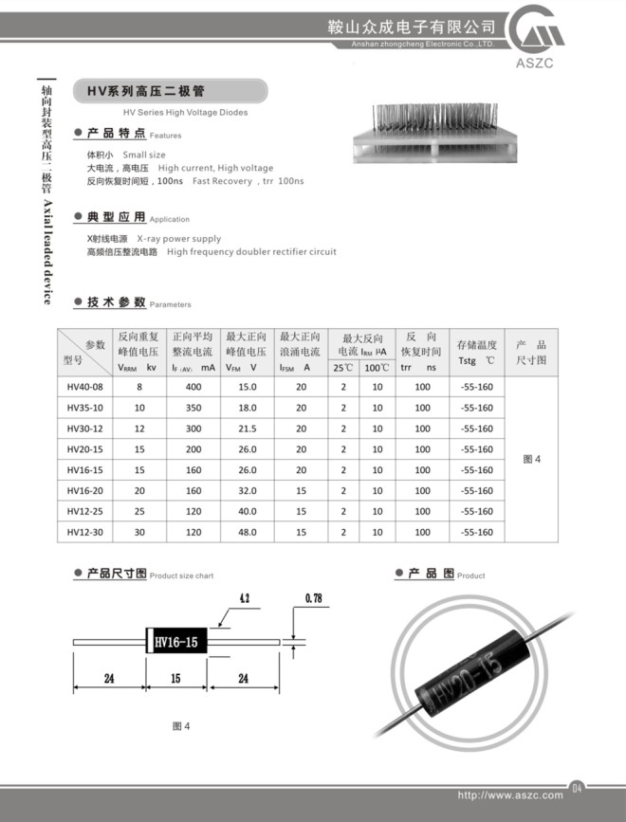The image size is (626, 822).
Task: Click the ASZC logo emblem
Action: pyautogui.click(x=539, y=36)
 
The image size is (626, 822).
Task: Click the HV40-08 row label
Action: pyautogui.click(x=84, y=387)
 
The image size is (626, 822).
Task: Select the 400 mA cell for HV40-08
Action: pyautogui.click(x=193, y=387)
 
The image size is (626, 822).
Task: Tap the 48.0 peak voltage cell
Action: pyautogui.click(x=248, y=533)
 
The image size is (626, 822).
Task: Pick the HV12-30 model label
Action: pyautogui.click(x=84, y=533)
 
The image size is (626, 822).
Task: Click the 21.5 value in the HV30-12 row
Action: pyautogui.click(x=248, y=429)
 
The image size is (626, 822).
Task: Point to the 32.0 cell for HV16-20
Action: pyautogui.click(x=248, y=491)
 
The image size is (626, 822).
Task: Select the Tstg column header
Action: pyautogui.click(x=476, y=353)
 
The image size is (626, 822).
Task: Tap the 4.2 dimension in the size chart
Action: pyautogui.click(x=244, y=599)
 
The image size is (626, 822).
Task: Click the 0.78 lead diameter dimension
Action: pyautogui.click(x=314, y=599)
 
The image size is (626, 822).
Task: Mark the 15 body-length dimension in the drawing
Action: pyautogui.click(x=175, y=679)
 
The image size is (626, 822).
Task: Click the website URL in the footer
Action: pyautogui.click(x=509, y=795)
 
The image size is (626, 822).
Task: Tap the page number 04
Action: pyautogui.click(x=577, y=786)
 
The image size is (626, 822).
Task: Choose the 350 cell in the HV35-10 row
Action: pyautogui.click(x=193, y=408)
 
